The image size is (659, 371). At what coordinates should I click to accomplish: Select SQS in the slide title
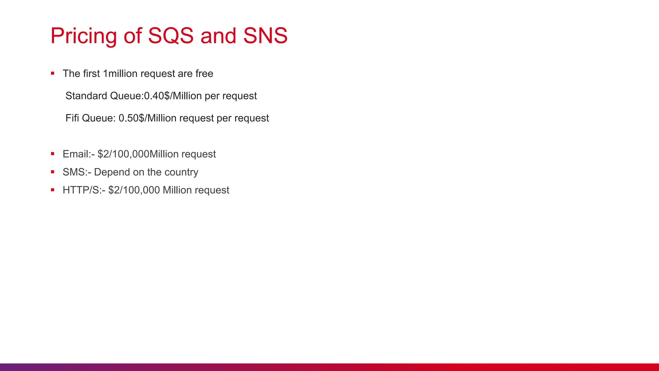pyautogui.click(x=171, y=36)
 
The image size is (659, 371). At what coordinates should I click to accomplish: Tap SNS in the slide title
pyautogui.click(x=265, y=36)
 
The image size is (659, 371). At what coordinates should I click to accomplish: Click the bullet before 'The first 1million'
pyautogui.click(x=52, y=73)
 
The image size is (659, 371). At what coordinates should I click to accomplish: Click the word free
pyautogui.click(x=204, y=74)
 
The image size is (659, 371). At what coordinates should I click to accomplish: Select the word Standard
pyautogui.click(x=86, y=96)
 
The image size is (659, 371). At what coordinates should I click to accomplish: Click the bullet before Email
pyautogui.click(x=52, y=154)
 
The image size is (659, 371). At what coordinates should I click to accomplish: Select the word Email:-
pyautogui.click(x=79, y=154)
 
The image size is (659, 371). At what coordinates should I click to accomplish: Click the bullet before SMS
pyautogui.click(x=52, y=172)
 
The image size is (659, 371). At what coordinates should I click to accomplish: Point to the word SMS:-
pyautogui.click(x=77, y=172)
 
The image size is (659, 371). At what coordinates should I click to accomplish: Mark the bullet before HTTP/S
pyautogui.click(x=52, y=190)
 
